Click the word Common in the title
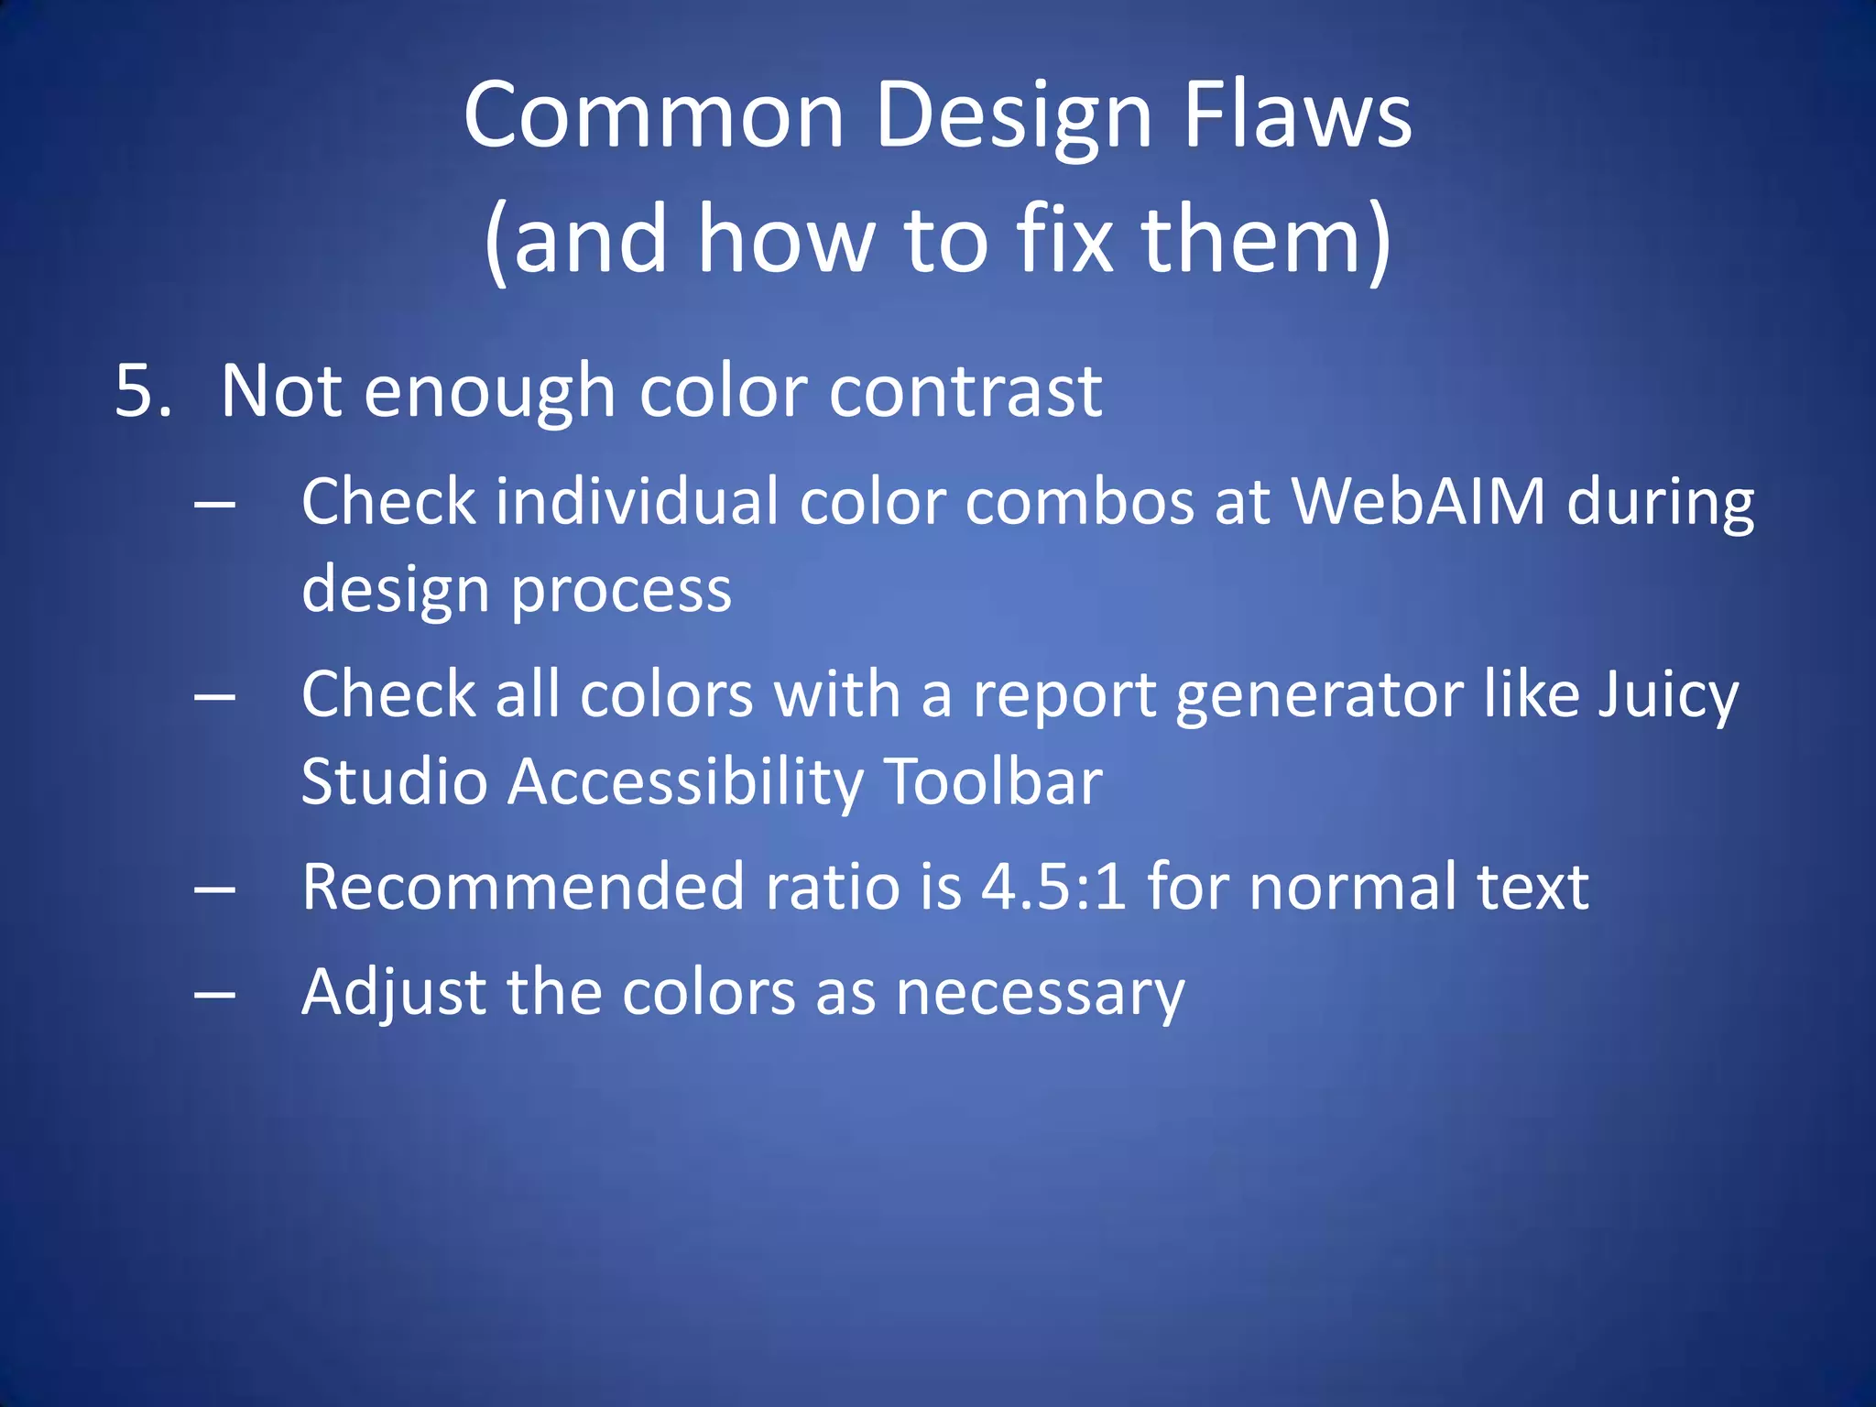click(x=653, y=115)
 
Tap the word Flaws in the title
click(x=1298, y=115)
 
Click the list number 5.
click(x=143, y=391)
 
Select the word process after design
click(x=621, y=591)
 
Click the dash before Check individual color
click(x=215, y=504)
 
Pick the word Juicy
click(x=1667, y=694)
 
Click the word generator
click(x=1319, y=694)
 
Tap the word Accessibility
click(x=685, y=782)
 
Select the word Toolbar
click(x=994, y=782)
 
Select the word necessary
click(x=1040, y=993)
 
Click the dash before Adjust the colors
click(x=215, y=994)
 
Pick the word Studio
click(x=394, y=782)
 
